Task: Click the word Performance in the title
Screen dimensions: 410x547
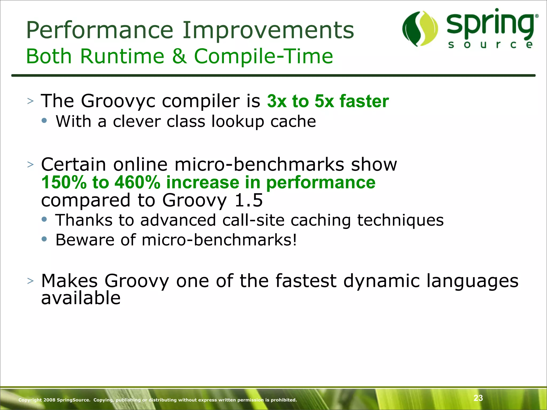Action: pos(100,30)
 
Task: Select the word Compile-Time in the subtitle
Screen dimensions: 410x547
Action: pos(263,56)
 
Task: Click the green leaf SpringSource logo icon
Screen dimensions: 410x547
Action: pos(420,29)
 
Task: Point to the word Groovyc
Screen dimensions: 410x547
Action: pos(118,101)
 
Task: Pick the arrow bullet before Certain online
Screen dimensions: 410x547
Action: pos(30,164)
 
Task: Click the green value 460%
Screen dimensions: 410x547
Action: pos(137,183)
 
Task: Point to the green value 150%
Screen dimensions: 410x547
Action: pos(64,183)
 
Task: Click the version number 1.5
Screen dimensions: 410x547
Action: pos(248,200)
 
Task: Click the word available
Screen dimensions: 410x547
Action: pos(81,298)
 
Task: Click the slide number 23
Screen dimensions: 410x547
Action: pos(478,398)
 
